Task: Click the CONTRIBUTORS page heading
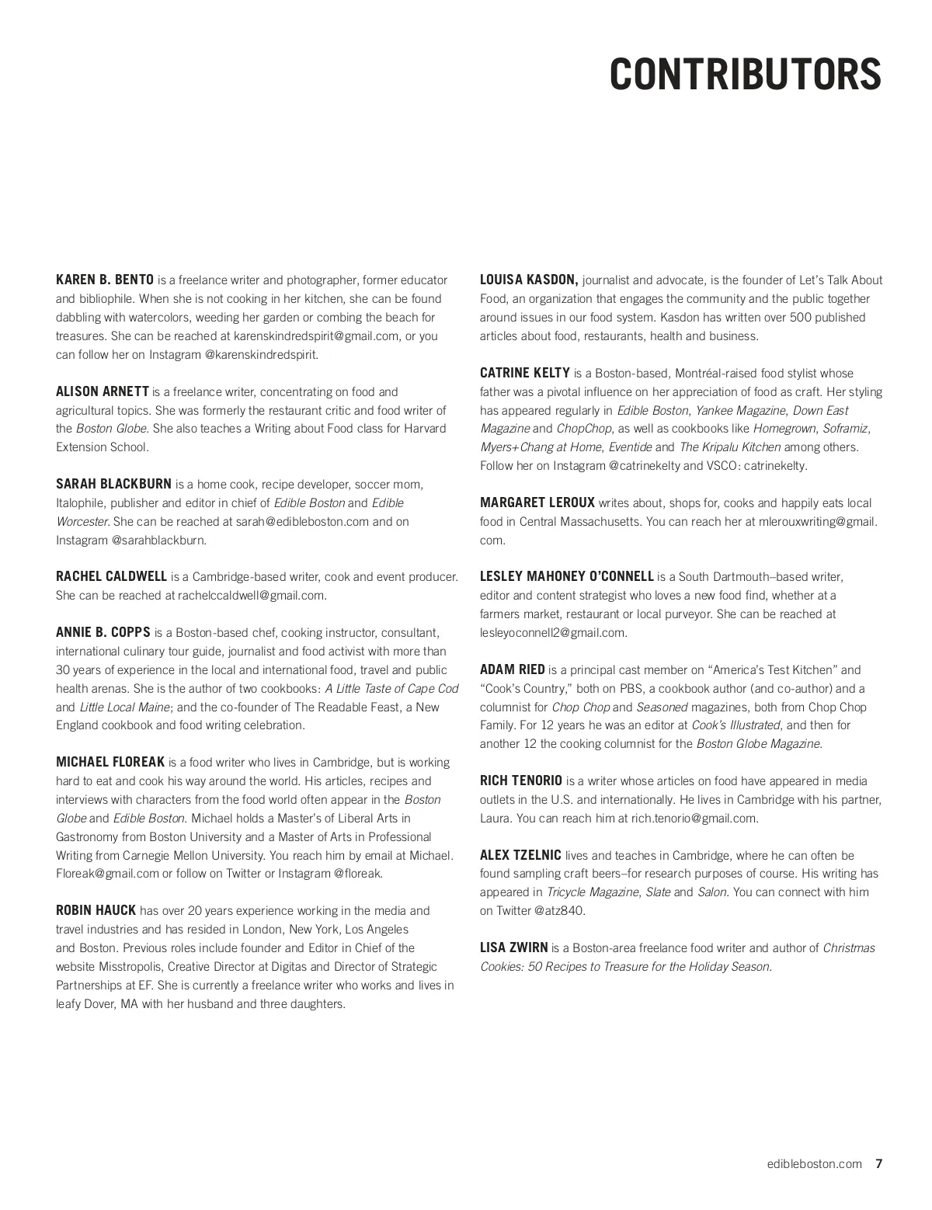coord(745,75)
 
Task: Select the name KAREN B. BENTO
coord(105,280)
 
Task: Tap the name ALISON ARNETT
coord(103,391)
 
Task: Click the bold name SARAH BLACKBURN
coord(113,484)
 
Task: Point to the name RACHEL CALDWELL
coord(111,576)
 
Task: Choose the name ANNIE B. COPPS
coord(103,632)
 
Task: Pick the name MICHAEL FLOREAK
coord(110,762)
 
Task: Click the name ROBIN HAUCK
coord(96,910)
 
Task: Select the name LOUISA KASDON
coord(528,280)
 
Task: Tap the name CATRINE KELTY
coord(525,373)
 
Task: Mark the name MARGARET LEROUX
coord(537,502)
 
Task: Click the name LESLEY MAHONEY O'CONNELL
coord(566,576)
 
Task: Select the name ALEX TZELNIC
coord(520,855)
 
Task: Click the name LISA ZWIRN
coord(513,947)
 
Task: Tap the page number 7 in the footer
coord(878,1163)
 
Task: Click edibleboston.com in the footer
coord(814,1163)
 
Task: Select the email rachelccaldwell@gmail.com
coord(252,596)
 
